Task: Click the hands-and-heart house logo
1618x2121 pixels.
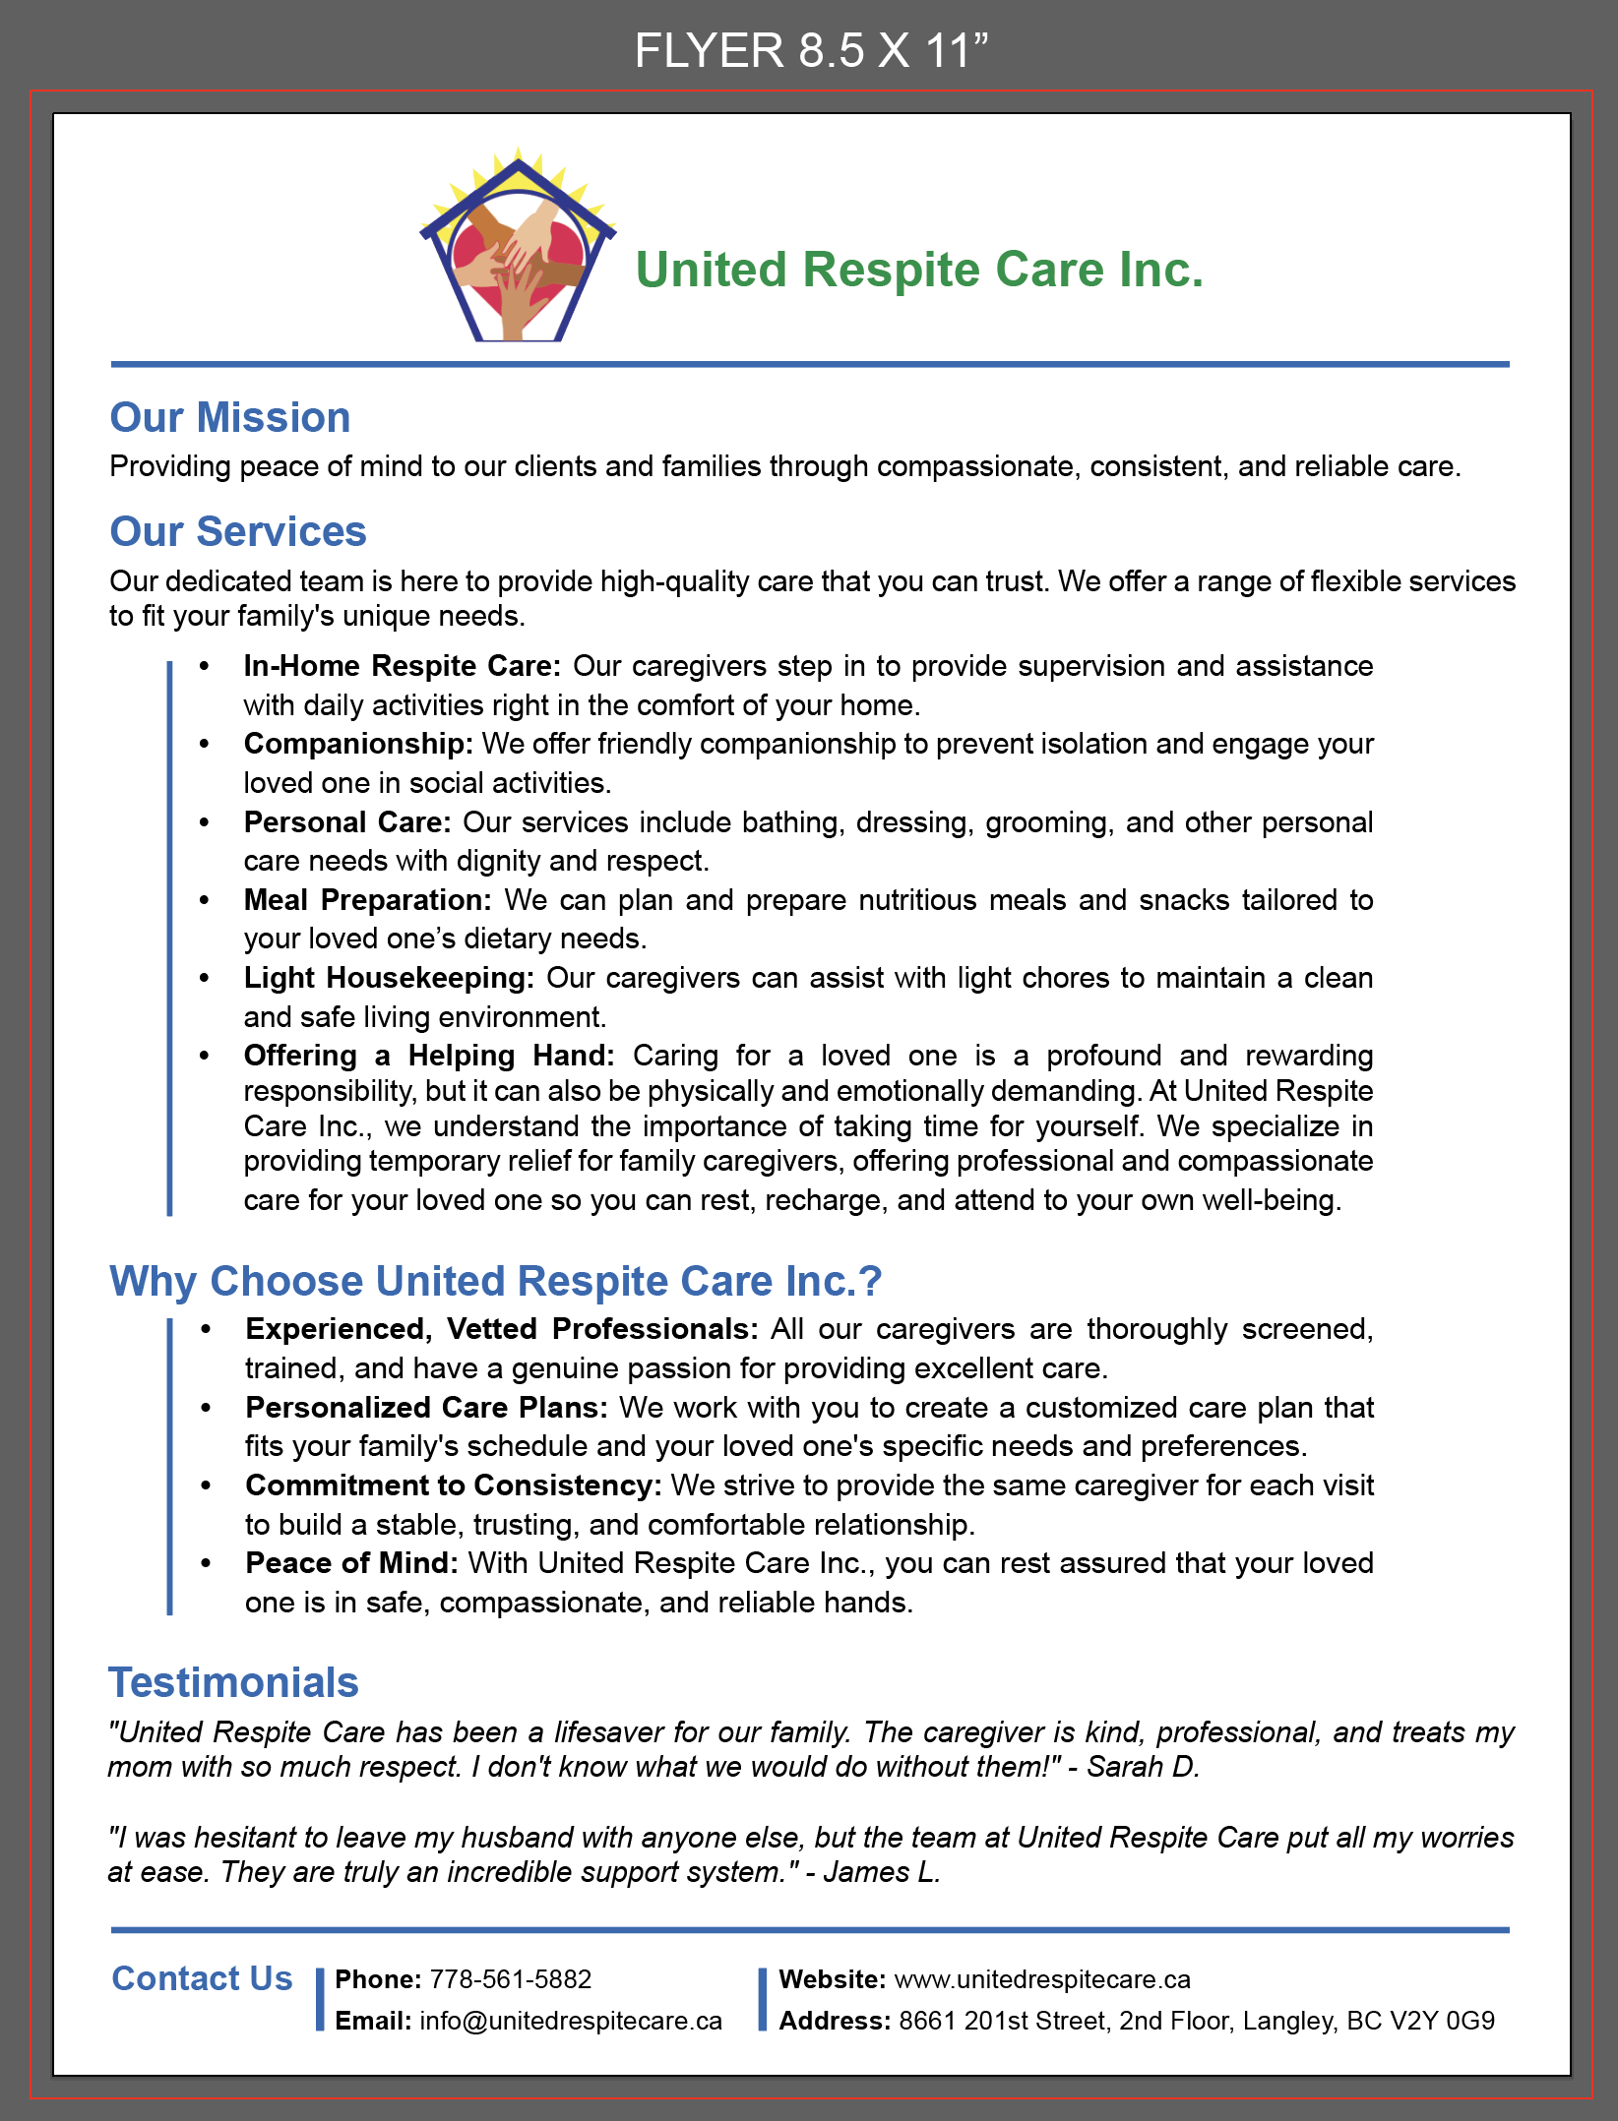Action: [518, 249]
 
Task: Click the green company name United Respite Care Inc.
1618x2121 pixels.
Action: [919, 270]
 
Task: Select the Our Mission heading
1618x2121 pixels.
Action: [230, 417]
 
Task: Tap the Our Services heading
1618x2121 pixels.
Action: [238, 531]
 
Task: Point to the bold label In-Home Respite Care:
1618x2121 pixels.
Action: [402, 666]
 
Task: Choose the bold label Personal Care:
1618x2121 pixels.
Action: [347, 822]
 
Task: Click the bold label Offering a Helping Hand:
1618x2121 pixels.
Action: [429, 1056]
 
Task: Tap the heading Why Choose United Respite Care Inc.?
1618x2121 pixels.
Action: [495, 1281]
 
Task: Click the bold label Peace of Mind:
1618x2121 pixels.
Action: [351, 1563]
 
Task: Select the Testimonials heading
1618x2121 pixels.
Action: [233, 1682]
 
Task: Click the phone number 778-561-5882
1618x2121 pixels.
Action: [511, 1979]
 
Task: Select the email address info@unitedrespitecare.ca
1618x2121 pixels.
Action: [571, 2021]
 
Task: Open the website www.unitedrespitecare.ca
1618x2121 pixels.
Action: [1042, 1979]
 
